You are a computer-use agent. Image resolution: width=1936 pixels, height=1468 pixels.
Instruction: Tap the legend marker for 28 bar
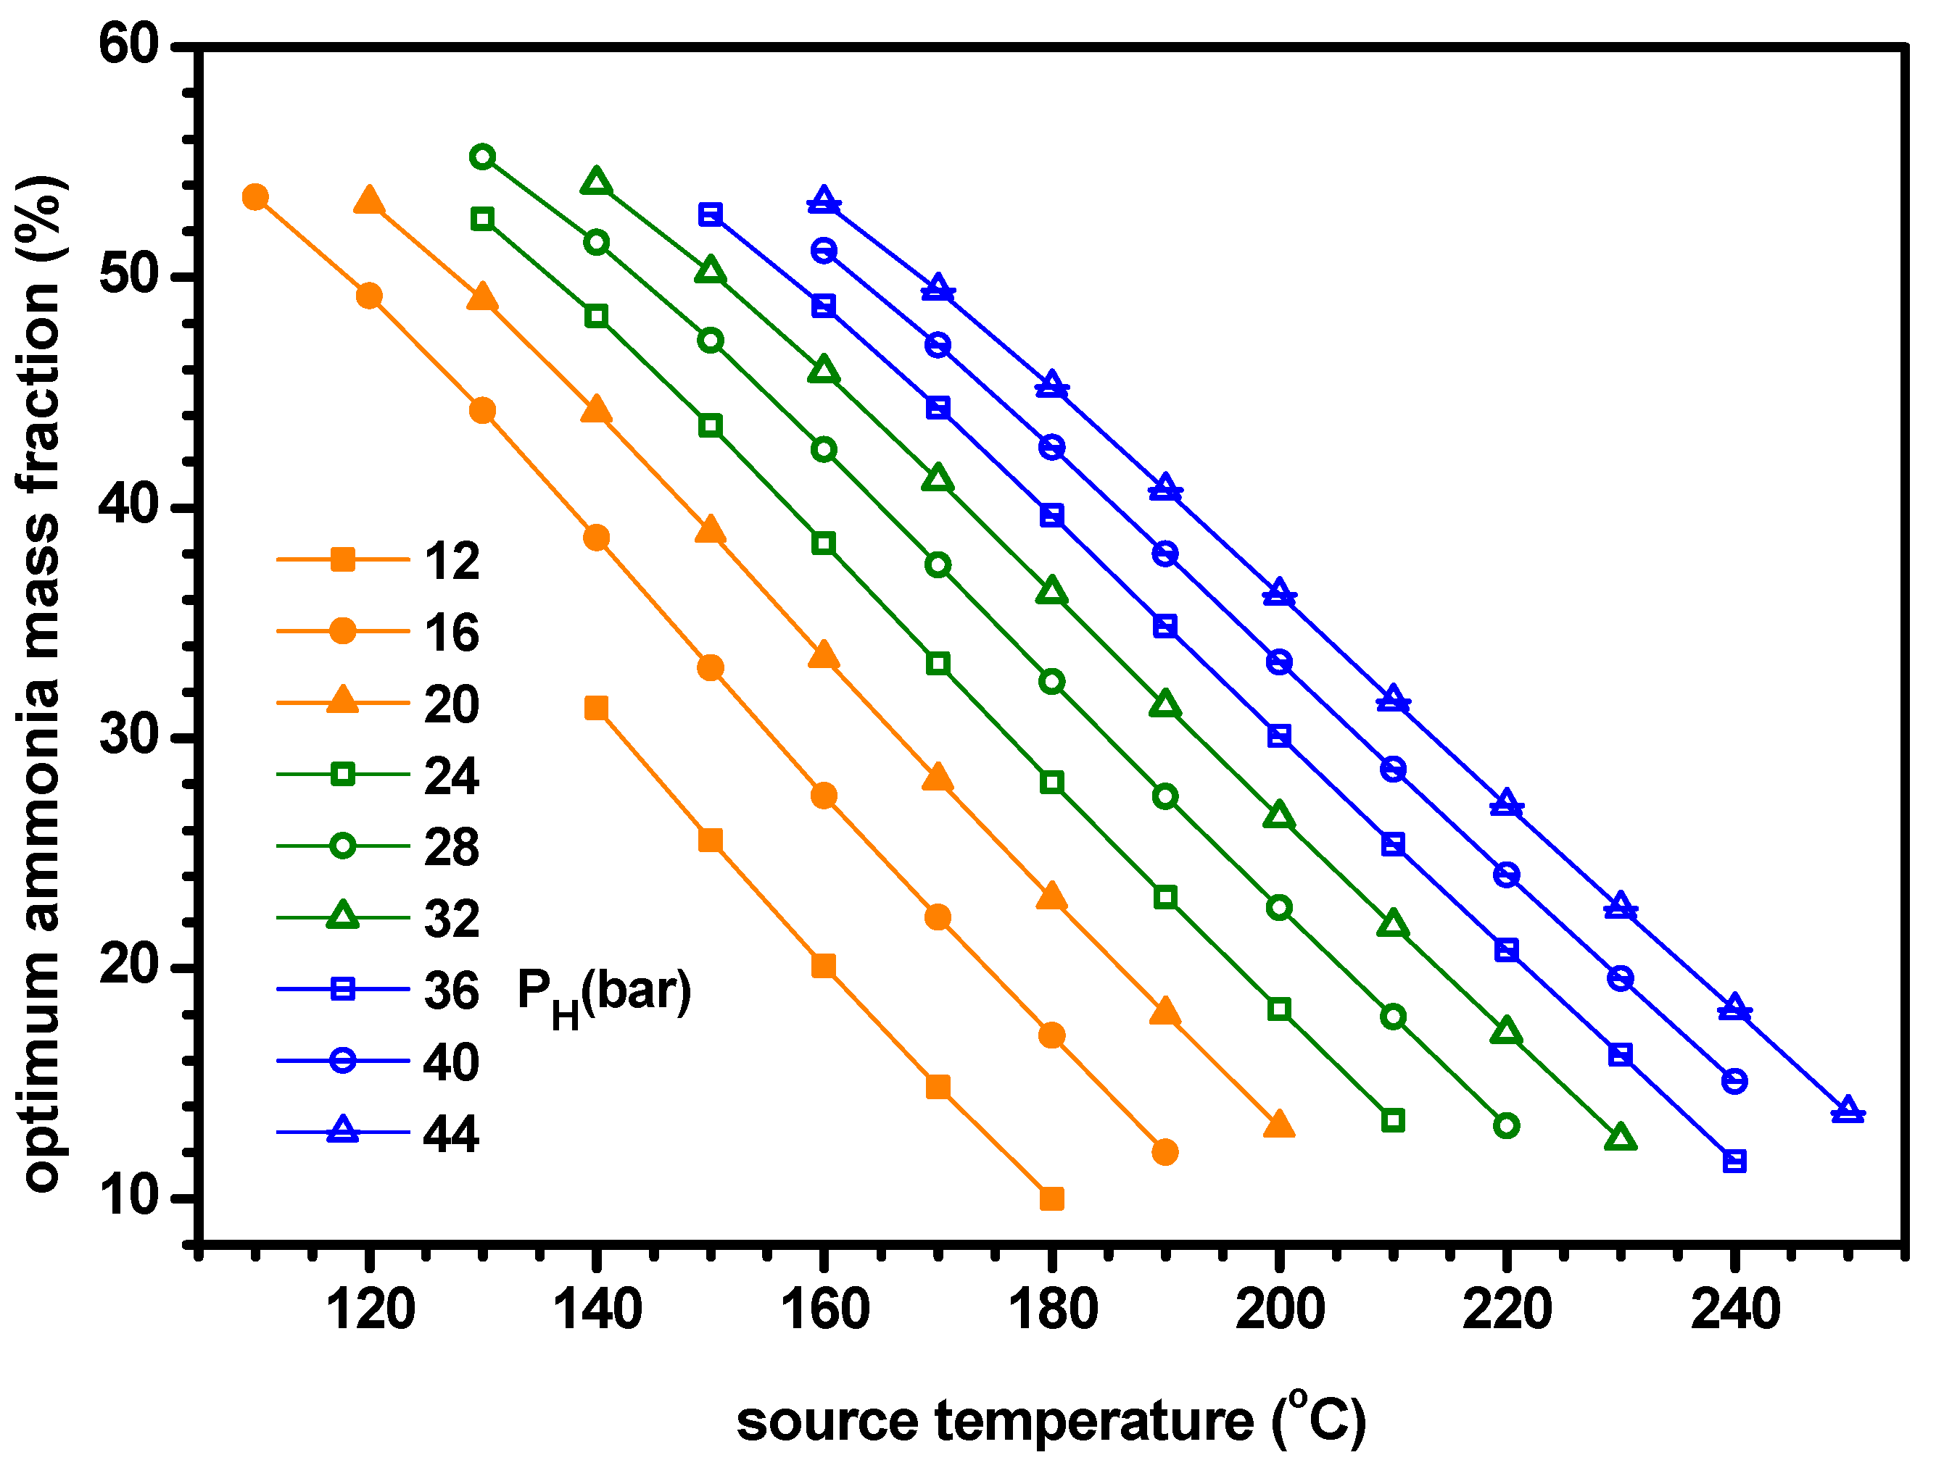coord(342,847)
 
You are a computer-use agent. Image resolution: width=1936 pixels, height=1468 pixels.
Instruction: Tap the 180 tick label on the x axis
coord(1052,1309)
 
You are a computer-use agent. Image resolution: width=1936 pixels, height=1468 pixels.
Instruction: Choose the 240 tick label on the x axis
coord(1734,1309)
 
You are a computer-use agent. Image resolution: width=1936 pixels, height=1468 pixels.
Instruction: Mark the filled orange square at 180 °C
coord(1052,1198)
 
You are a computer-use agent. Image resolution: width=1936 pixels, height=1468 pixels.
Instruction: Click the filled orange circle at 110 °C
coord(255,198)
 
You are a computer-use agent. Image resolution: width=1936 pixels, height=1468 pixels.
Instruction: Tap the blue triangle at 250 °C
coord(1848,1111)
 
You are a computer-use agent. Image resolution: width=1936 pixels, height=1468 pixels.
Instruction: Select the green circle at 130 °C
coord(482,157)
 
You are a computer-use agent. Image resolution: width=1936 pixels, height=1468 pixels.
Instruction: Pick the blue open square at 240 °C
coord(1734,1162)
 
